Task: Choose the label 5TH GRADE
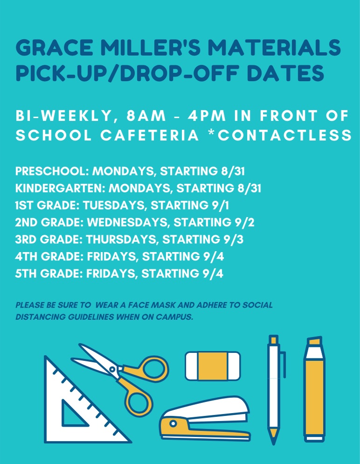pyautogui.click(x=48, y=273)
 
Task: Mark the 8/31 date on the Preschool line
pyautogui.click(x=233, y=171)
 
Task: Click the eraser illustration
pyautogui.click(x=213, y=366)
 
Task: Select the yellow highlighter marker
pyautogui.click(x=315, y=392)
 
